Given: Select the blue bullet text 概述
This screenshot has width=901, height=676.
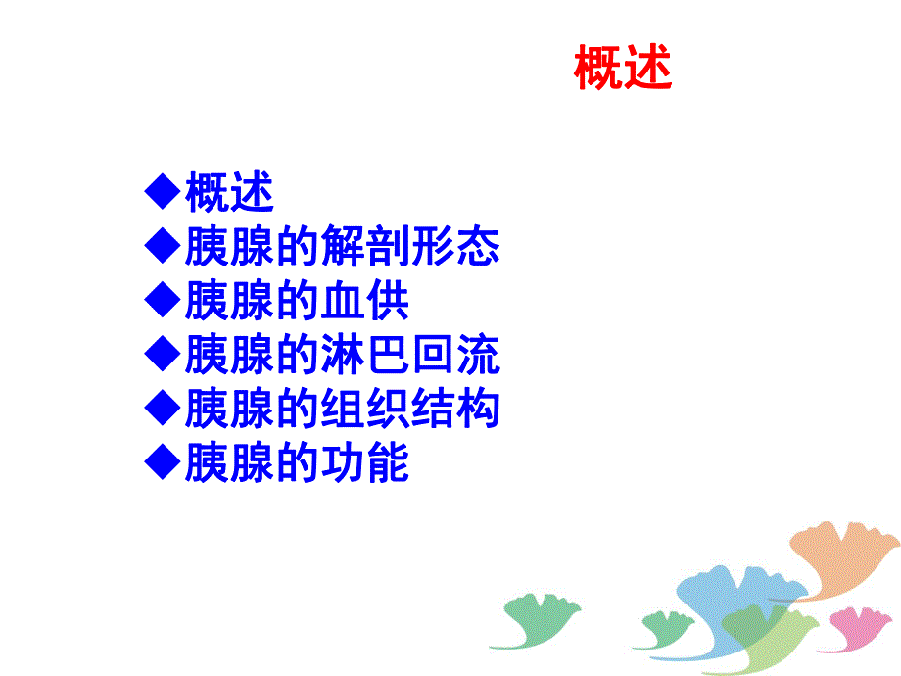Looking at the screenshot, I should point(229,193).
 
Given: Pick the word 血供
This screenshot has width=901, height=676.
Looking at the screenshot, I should point(365,301).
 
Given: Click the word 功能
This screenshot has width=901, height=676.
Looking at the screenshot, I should point(365,462).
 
